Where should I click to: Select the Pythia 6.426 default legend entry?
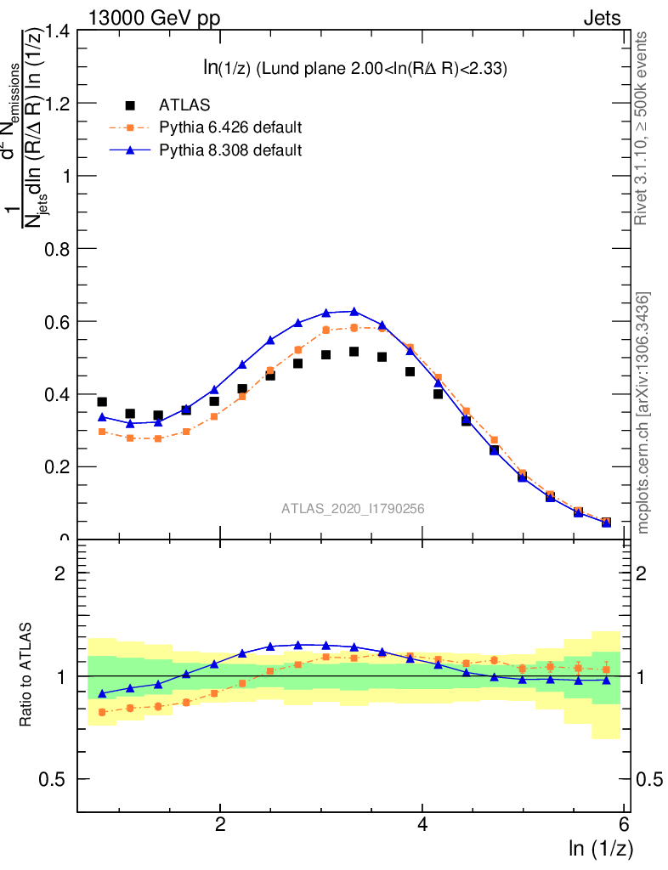[230, 128]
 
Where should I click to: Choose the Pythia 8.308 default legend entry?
[230, 150]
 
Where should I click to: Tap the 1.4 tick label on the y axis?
[55, 31]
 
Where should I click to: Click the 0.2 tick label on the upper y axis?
[55, 467]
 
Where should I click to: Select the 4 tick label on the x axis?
[422, 825]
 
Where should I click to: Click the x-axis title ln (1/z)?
[601, 848]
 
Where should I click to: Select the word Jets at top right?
[602, 17]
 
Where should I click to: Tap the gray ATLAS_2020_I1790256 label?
[353, 509]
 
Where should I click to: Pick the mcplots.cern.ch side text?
[643, 413]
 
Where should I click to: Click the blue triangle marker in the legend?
[130, 150]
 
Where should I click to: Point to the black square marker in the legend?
[130, 105]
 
